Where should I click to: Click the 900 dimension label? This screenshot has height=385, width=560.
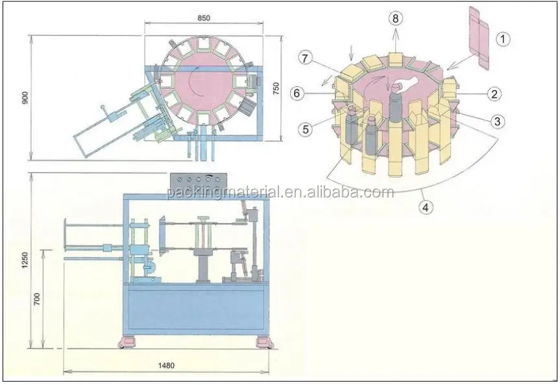click(25, 98)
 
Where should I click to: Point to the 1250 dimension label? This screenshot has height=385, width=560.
click(25, 259)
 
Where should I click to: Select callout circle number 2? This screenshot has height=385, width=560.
click(494, 94)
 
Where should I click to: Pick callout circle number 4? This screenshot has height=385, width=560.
click(426, 209)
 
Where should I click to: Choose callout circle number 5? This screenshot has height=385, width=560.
click(305, 128)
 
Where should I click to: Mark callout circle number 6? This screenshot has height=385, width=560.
click(297, 93)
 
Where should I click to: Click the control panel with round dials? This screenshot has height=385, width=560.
click(196, 180)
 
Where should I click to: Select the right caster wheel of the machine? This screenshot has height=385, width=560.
click(263, 342)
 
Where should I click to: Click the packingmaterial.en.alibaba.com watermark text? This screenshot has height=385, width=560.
click(280, 192)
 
